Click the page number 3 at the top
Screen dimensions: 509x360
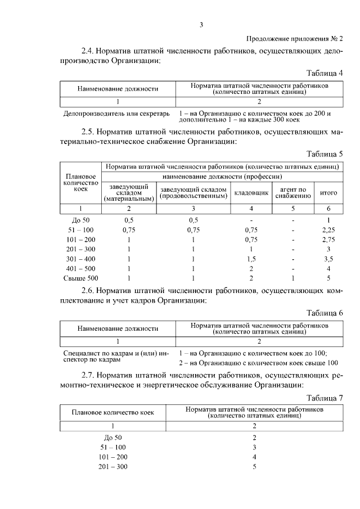coord(201,24)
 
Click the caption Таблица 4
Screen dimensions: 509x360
coord(325,73)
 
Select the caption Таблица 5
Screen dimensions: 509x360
coord(325,154)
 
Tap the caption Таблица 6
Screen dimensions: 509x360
coord(325,313)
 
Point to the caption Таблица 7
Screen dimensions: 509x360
coord(325,398)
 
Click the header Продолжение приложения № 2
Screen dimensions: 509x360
coord(295,38)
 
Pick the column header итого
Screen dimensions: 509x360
coord(328,193)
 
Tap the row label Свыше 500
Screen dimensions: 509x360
coord(80,278)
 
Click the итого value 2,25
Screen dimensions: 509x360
coord(328,229)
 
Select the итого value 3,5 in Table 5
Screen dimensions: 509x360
coord(328,259)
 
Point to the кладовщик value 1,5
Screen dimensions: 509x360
coord(251,259)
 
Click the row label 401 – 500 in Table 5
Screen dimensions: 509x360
coord(80,268)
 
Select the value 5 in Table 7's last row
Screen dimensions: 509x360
coord(255,467)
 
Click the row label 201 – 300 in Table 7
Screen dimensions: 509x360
coord(113,467)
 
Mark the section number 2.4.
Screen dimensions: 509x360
coord(88,51)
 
